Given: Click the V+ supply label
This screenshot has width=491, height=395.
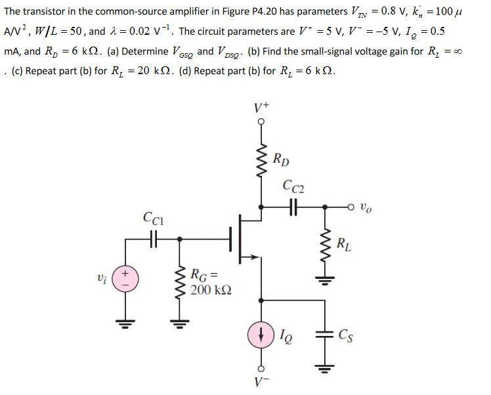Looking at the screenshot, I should tap(261, 108).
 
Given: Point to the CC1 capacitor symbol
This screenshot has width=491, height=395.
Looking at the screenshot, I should tap(152, 240).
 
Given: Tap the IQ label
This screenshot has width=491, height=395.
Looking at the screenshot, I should tap(286, 337).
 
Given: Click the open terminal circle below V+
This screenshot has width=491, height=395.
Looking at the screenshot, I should tap(261, 122).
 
